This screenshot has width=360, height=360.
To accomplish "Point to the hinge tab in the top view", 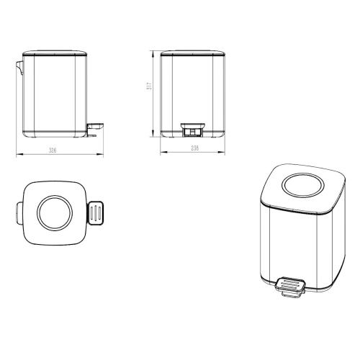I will tap(18, 212).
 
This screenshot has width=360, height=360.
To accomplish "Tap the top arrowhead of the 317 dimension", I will tap(153, 52).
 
